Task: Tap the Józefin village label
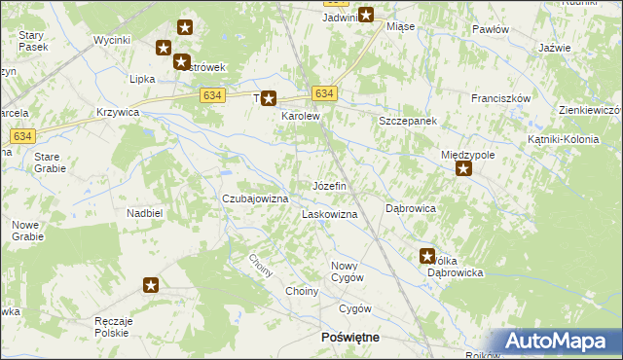point(329,185)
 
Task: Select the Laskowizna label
point(330,213)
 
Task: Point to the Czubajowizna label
point(255,198)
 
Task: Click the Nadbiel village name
point(144,212)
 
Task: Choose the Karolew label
point(301,116)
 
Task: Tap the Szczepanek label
point(408,121)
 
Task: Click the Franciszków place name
point(500,98)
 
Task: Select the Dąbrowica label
point(410,208)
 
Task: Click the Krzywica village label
point(119,112)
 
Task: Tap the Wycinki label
point(112,40)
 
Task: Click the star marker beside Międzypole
point(464,170)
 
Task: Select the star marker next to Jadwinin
point(366,15)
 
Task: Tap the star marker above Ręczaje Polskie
point(151,285)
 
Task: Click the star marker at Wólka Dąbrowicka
point(427,257)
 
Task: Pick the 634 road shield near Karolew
point(325,93)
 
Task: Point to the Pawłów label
point(491,29)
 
